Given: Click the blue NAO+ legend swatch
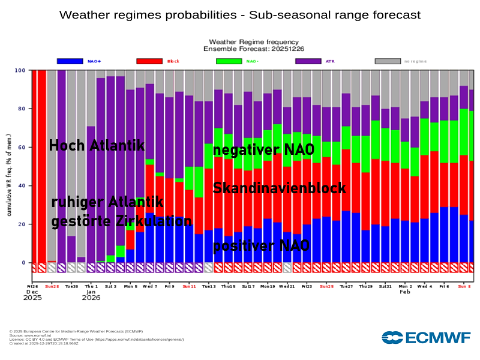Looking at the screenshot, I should [x=70, y=61].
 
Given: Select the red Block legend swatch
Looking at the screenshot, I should [x=149, y=61].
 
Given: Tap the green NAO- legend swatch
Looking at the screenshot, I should [x=229, y=61].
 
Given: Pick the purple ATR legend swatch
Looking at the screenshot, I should [x=308, y=61].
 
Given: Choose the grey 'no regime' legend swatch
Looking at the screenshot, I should [x=388, y=61].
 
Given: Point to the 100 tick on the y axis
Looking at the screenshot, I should [x=20, y=71].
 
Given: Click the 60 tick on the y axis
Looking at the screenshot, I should [x=22, y=148].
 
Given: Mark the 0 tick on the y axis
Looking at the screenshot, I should [x=23, y=263].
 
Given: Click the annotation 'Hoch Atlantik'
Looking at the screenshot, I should [x=97, y=146].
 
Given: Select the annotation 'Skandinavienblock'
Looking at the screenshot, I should [x=279, y=188].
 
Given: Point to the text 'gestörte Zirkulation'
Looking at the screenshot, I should [x=121, y=221].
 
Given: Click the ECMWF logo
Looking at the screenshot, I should [x=426, y=337].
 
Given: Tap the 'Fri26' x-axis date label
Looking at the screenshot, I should [x=33, y=286].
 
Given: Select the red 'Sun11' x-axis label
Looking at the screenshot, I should [x=189, y=286].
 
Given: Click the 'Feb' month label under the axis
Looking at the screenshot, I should [x=405, y=292].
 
